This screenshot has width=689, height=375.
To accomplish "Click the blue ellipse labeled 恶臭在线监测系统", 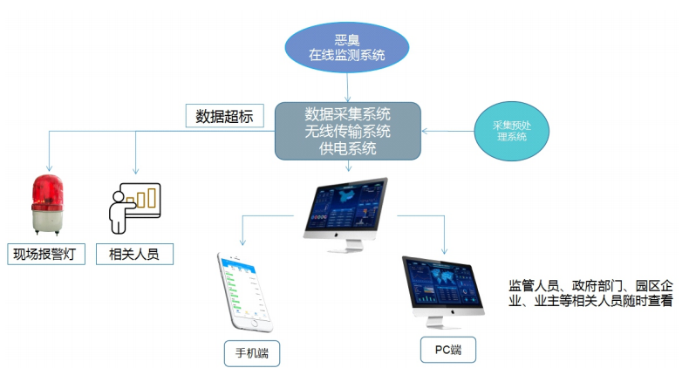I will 346,47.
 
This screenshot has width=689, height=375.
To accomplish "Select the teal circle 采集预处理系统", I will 511,131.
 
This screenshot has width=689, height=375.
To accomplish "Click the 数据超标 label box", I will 223,115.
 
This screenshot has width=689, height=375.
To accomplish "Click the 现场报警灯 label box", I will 46,254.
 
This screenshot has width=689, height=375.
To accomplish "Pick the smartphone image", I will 243,292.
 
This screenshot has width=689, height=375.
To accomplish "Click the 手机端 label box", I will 251,352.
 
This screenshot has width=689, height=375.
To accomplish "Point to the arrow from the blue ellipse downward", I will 348,87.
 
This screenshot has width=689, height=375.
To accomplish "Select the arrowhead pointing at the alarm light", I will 48,167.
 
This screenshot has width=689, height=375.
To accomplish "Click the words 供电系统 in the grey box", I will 347,148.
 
